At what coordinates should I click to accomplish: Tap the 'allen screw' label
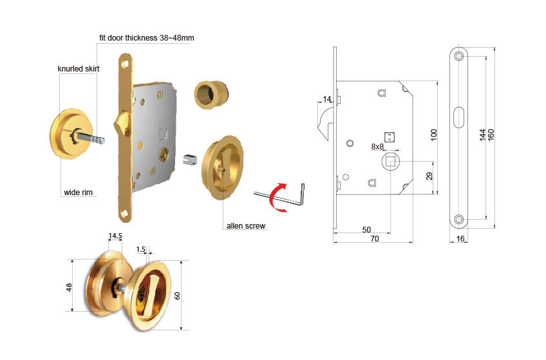point(246,226)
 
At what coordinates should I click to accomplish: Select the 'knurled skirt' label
point(79,69)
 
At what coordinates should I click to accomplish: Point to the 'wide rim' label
point(79,192)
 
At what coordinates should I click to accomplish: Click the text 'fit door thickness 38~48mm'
point(147,37)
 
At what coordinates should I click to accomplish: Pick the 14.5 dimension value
point(115,236)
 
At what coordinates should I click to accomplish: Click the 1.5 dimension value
point(140,249)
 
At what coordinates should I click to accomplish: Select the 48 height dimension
point(69,287)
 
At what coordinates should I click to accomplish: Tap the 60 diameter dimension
point(177,296)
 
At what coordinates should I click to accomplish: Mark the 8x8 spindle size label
point(377,147)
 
